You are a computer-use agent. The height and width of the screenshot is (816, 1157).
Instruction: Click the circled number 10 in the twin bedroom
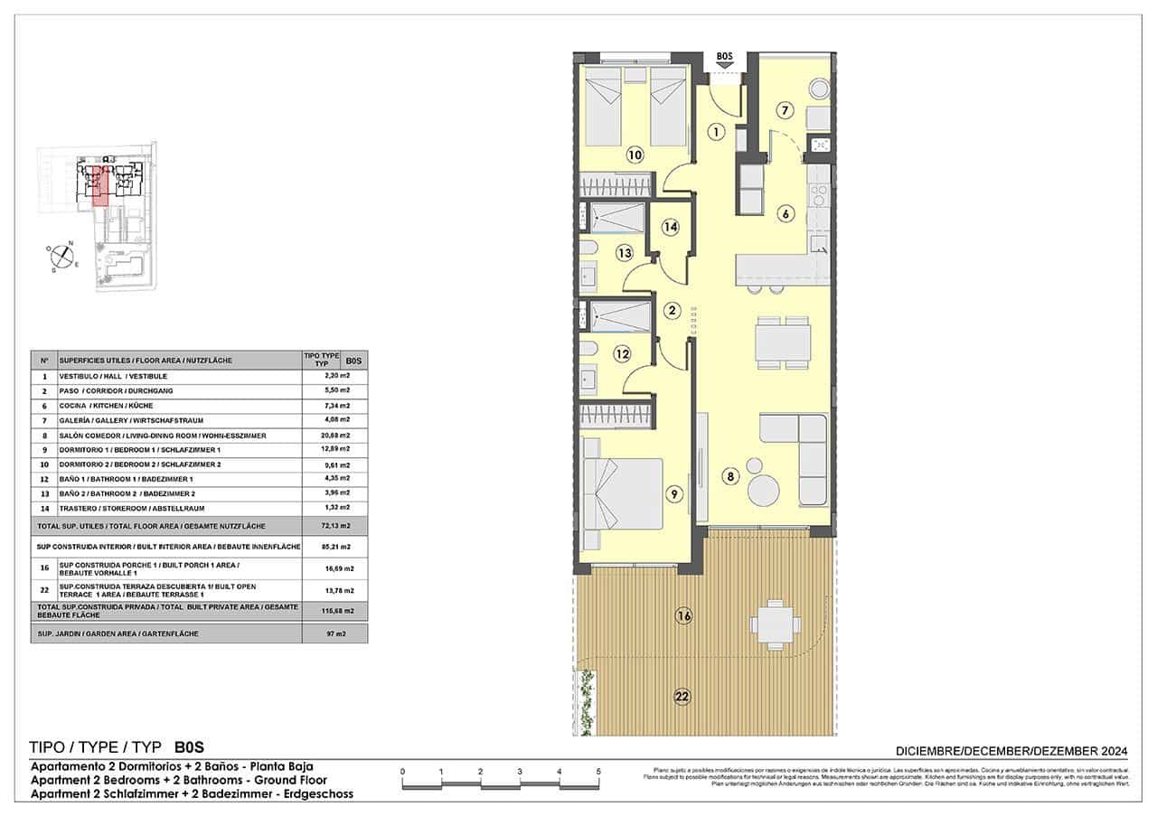[635, 155]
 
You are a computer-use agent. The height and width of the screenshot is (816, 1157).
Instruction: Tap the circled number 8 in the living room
[730, 475]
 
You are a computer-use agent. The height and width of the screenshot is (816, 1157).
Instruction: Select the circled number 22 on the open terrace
[682, 696]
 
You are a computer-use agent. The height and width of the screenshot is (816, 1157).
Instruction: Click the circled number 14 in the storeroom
[670, 228]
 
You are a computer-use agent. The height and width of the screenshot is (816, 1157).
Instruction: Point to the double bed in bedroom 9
[623, 493]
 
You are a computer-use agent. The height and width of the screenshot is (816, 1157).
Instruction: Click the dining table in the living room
[783, 343]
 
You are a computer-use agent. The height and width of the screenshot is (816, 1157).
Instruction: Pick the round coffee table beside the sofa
[764, 491]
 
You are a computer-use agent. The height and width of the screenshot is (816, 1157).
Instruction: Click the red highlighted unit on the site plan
[100, 185]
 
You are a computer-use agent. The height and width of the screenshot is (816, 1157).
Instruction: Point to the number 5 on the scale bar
[598, 771]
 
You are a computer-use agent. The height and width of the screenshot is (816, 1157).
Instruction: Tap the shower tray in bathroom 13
[619, 218]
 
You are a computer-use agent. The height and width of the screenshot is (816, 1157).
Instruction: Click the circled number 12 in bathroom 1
[621, 354]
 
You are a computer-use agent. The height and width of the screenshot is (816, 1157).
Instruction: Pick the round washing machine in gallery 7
[819, 89]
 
